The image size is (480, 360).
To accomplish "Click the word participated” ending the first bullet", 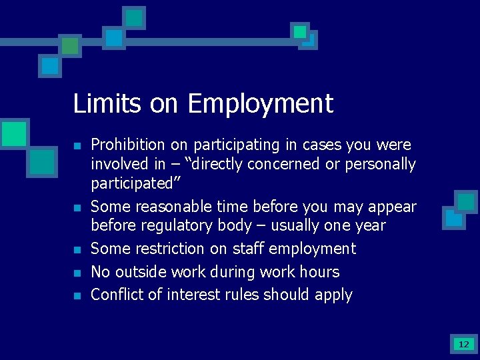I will coord(131,183).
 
